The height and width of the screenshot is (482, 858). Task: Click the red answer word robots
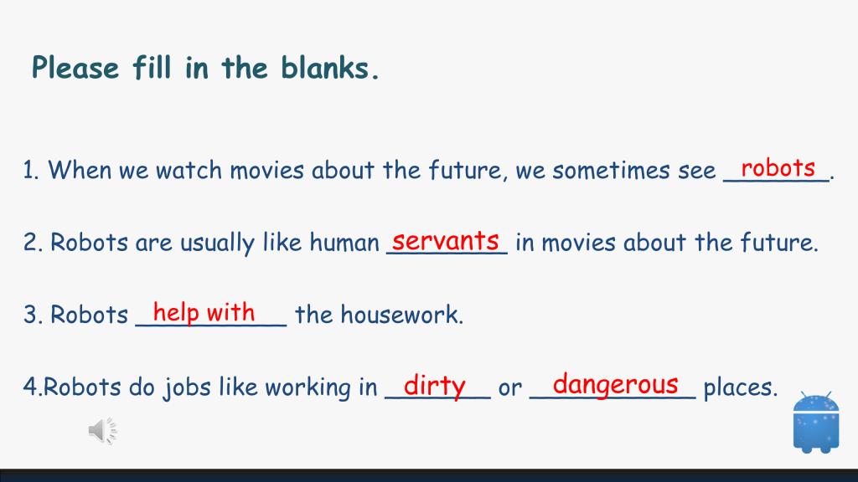coord(778,167)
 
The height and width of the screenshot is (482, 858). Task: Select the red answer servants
coord(446,240)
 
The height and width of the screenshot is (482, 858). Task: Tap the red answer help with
coord(204,313)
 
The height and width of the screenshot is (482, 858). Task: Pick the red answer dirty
coord(435,386)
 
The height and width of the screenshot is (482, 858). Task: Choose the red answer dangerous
coord(616,385)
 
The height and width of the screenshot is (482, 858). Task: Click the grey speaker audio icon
coord(103,431)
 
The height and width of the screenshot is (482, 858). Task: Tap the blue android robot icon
coord(816,422)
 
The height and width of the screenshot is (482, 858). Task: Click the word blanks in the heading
coord(330,68)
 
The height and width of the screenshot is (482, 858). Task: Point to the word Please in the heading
coord(75,69)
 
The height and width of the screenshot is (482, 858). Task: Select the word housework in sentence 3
coord(401,315)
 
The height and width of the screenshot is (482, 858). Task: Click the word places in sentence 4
coord(741,387)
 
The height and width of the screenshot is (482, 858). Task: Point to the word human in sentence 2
coord(344,243)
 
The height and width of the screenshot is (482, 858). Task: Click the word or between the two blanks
coord(510,388)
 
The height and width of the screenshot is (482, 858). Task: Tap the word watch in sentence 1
coord(189,170)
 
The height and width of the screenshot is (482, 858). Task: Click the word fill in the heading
coord(152,68)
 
